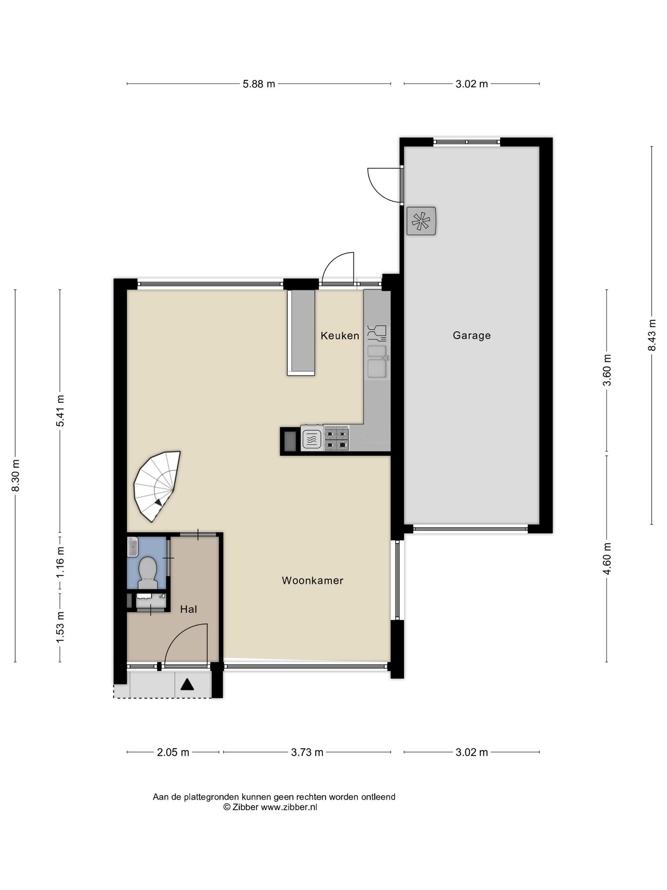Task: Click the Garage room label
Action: pos(472,335)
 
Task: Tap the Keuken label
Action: pos(340,335)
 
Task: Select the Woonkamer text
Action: pos(313,581)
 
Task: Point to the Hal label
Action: pos(188,609)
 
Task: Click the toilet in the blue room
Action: pos(148,572)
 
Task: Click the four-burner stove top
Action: pos(337,439)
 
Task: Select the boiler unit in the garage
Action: pos(421,221)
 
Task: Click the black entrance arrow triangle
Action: pos(187,684)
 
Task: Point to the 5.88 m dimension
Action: pos(259,84)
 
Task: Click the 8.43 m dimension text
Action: pos(652,335)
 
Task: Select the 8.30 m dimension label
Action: pos(16,476)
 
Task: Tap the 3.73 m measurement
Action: pos(307,752)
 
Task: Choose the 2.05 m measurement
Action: pos(173,752)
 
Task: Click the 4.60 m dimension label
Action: pos(607,559)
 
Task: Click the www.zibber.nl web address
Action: pos(289,807)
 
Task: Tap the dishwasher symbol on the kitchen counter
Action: pos(376,332)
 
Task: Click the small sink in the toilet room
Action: pos(132,547)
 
